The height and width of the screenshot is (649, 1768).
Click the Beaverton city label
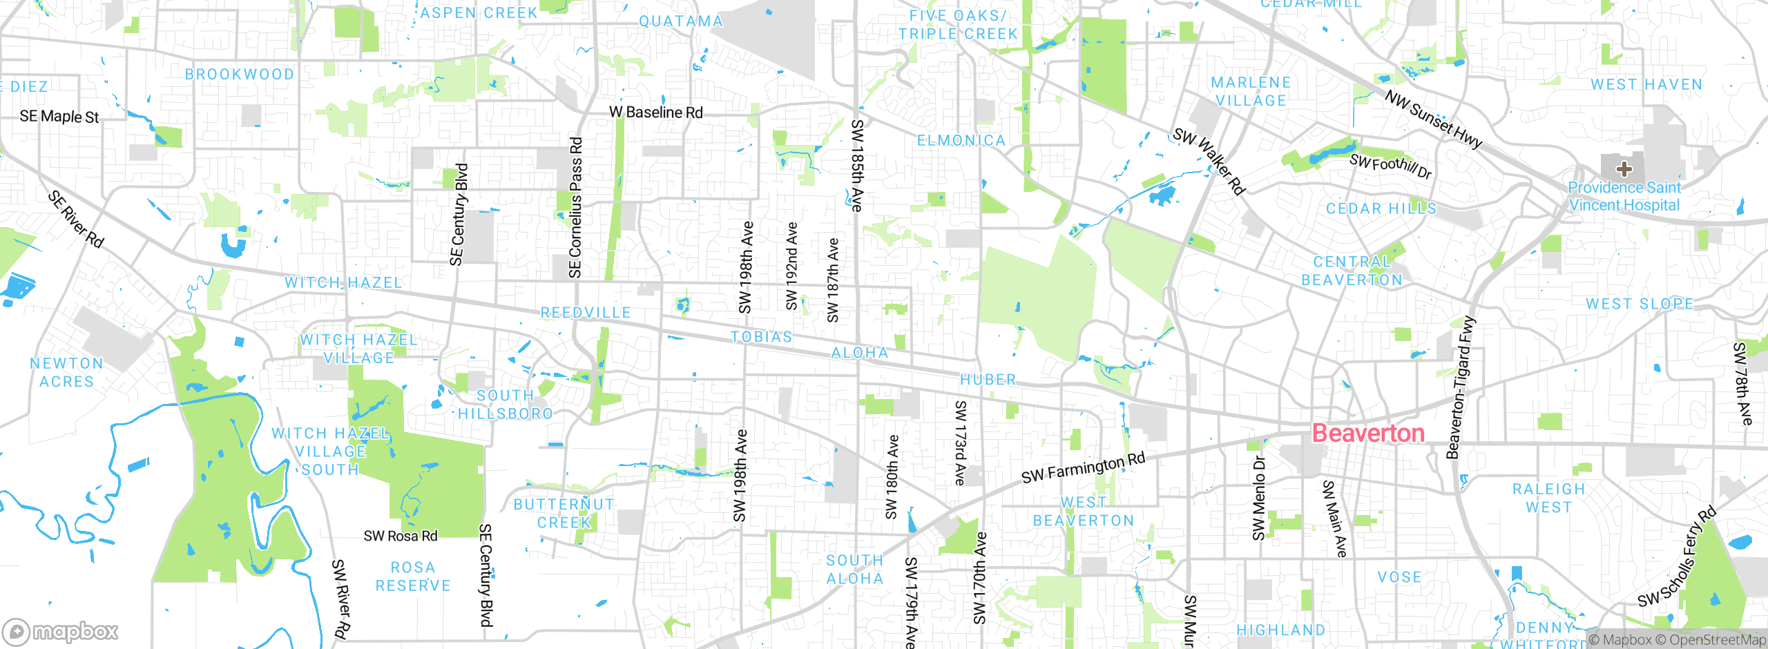tap(1367, 433)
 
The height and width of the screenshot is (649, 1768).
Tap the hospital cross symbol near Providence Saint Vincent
tap(1624, 168)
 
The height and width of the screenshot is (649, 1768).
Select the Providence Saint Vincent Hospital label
tap(1624, 196)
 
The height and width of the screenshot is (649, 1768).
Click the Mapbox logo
tap(61, 631)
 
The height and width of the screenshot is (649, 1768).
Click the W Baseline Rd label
tap(655, 112)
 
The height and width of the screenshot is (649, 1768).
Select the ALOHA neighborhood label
tap(859, 353)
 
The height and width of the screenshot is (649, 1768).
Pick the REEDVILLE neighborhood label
tap(586, 313)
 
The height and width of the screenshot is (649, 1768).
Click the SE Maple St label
tap(59, 116)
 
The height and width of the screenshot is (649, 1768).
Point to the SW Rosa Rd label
tap(401, 536)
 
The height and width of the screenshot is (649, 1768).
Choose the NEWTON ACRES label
tap(66, 372)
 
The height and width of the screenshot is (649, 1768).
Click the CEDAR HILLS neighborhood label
tap(1381, 209)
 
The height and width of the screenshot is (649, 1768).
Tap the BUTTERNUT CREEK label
tap(564, 513)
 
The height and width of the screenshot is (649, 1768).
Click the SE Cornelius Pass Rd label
tap(575, 207)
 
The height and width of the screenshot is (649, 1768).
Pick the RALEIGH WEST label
tap(1548, 498)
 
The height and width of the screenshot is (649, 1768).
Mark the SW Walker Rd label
tap(1209, 160)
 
